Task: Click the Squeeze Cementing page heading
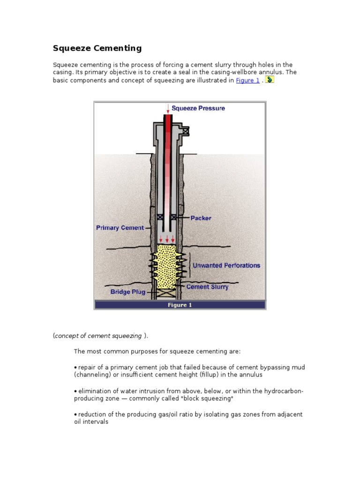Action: tap(97, 48)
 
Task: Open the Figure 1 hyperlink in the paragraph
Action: tap(247, 80)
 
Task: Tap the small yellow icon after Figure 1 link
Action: tap(270, 80)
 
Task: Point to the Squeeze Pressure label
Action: tap(198, 108)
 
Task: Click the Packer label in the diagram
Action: tap(201, 218)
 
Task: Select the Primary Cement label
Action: tap(120, 228)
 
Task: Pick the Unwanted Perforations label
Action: tap(226, 265)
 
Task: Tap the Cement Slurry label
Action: tap(207, 286)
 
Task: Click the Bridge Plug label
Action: tap(128, 292)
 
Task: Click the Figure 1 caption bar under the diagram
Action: tap(180, 305)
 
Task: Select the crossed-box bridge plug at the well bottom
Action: tap(167, 293)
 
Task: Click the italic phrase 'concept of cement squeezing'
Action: tap(99, 336)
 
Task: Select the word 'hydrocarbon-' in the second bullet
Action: tap(284, 391)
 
